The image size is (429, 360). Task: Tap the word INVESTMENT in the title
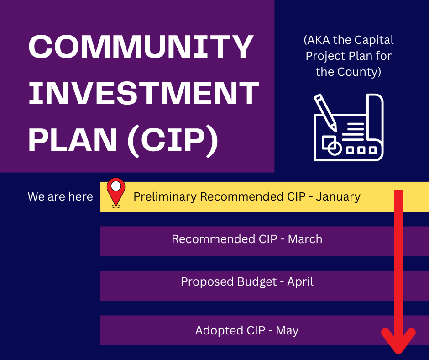point(144,94)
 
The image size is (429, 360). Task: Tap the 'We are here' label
point(60,197)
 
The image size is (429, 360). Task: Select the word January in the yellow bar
point(338,197)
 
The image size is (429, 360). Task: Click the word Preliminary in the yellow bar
point(165,197)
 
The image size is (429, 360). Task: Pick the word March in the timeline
point(305,239)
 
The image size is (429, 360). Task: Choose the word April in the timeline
point(300,282)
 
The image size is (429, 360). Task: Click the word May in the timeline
point(287,330)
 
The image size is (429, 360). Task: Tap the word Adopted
point(217,330)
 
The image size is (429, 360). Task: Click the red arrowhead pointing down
point(398,340)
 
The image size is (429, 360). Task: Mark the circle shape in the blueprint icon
point(335,149)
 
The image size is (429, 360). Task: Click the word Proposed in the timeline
point(206,282)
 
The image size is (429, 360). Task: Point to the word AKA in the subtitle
point(318,40)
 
